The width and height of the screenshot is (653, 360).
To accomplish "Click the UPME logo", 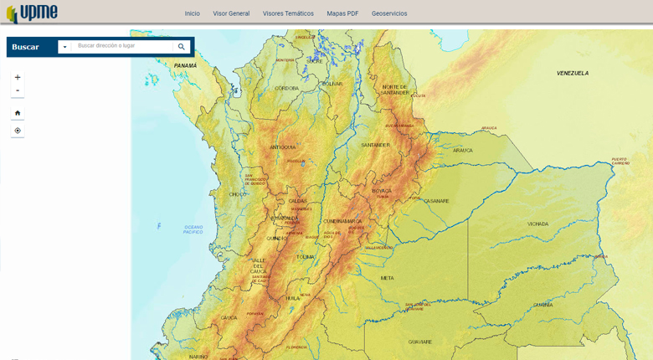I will point(32,13).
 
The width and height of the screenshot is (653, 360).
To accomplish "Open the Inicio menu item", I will point(193,13).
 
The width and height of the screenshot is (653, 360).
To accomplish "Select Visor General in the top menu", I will point(231,13).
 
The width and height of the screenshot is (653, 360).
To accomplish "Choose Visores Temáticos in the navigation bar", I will point(288,13).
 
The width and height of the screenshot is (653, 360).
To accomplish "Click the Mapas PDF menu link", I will point(342,13).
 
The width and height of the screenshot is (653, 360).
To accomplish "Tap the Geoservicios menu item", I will point(389,13).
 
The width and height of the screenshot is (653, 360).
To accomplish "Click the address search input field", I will point(123,46).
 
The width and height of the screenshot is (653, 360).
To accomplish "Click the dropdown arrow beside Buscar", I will point(64,47).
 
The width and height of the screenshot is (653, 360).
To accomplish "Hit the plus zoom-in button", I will point(18,77).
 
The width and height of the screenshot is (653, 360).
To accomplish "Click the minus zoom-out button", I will point(18,90).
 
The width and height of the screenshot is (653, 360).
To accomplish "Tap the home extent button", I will point(18,113).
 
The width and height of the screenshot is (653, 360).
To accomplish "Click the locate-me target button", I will point(18,131).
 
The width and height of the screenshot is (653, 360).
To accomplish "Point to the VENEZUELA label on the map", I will point(573,74).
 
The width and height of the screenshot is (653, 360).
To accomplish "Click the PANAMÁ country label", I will point(185,65).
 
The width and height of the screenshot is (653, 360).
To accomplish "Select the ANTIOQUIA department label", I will point(282,147).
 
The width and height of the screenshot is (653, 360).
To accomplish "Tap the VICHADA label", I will point(537,224).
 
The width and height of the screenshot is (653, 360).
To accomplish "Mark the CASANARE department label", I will point(436,201).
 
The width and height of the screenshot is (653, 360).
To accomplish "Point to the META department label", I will point(387,278).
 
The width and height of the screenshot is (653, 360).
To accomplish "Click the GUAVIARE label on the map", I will point(419,342).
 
